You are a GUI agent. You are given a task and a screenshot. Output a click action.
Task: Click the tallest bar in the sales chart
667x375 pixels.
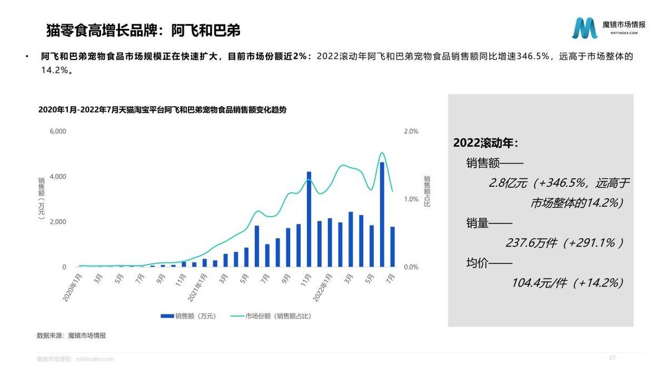(x=382, y=214)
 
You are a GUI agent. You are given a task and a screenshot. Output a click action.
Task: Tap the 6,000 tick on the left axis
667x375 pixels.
(x=58, y=132)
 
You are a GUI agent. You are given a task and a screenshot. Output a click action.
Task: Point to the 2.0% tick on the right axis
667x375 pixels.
(x=411, y=132)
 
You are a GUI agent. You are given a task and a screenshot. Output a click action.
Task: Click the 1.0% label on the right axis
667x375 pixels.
(x=411, y=199)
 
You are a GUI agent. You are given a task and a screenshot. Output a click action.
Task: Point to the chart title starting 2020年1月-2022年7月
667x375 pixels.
(x=162, y=110)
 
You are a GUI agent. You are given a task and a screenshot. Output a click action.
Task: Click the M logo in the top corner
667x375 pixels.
(x=585, y=28)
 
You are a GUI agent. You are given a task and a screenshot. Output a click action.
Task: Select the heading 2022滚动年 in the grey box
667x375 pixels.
(x=486, y=143)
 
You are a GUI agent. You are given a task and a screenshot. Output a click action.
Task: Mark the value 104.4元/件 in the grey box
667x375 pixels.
(x=539, y=283)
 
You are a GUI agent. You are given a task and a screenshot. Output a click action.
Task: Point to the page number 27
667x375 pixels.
(x=613, y=357)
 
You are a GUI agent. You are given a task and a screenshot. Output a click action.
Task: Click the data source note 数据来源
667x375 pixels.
(x=71, y=336)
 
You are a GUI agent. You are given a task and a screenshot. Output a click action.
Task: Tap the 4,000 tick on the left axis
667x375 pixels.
(x=58, y=177)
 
